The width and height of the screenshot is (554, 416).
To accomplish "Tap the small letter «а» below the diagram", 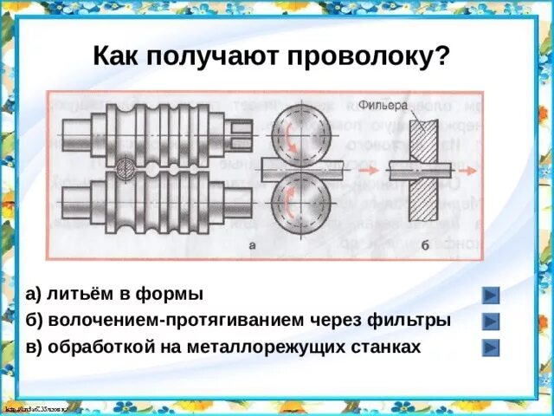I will (x=252, y=246).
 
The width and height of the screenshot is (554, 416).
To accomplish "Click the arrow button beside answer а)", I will (x=491, y=295).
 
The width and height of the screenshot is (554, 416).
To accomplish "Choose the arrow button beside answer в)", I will (x=491, y=348).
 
